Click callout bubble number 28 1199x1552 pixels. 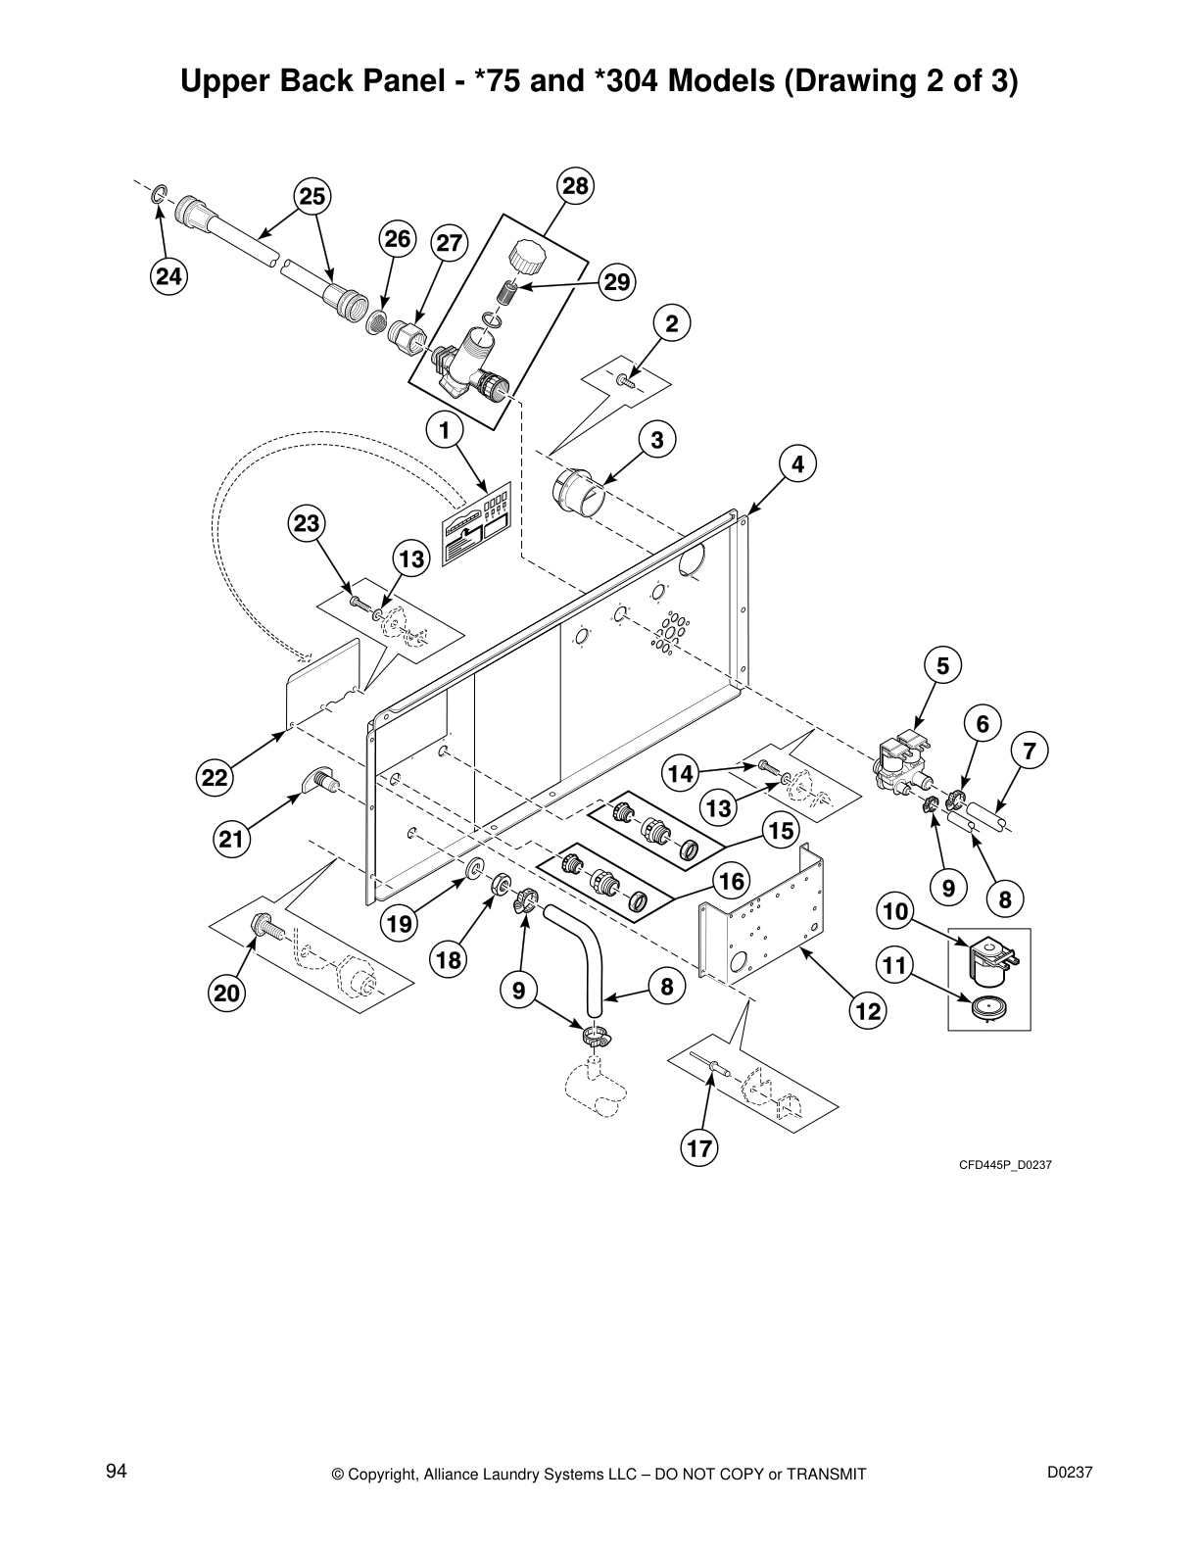coord(577,186)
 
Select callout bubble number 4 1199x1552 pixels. coord(798,463)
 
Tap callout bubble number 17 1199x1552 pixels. coord(700,1147)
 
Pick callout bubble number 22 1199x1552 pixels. coord(216,779)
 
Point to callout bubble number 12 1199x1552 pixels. coord(869,1010)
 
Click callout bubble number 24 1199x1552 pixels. coord(168,277)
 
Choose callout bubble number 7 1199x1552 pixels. coord(1030,752)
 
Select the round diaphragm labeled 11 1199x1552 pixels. coord(987,1008)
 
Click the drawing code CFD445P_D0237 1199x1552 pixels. coord(1004,1165)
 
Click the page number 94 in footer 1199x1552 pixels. coord(117,1471)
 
